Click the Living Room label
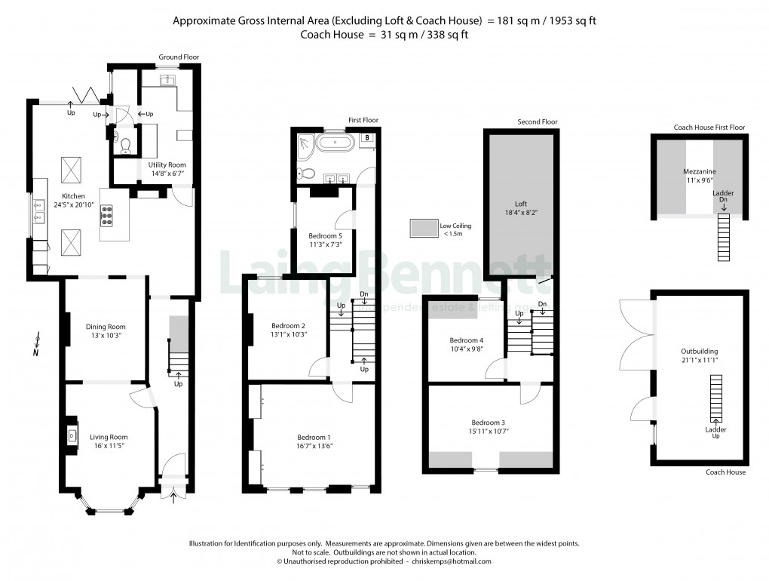pyautogui.click(x=109, y=437)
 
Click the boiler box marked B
pyautogui.click(x=366, y=138)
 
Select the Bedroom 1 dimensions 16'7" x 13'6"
pyautogui.click(x=314, y=445)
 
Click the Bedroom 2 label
pyautogui.click(x=287, y=325)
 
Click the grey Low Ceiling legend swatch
pyautogui.click(x=423, y=228)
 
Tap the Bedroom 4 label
pyautogui.click(x=466, y=340)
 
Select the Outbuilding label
pyautogui.click(x=699, y=351)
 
